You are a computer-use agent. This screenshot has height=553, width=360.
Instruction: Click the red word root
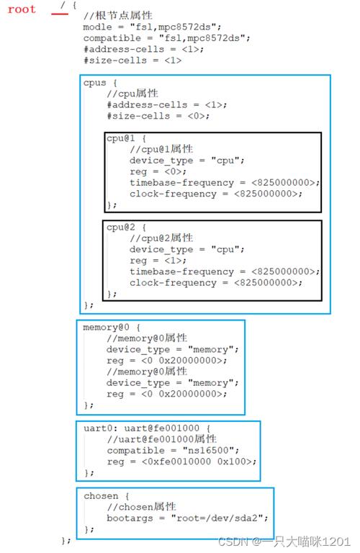coord(22,9)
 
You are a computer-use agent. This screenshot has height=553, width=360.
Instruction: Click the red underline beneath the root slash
coord(60,14)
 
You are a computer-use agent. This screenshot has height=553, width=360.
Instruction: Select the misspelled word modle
coord(97,27)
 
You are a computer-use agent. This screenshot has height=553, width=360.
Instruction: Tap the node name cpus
coord(94,83)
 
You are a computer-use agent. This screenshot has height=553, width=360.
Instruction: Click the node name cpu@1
coord(120,138)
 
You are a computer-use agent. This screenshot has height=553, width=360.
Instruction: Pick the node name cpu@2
coord(120,227)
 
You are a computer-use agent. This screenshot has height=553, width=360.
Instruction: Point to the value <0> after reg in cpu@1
coord(173,171)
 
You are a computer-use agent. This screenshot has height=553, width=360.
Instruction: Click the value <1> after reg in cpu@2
coord(173,260)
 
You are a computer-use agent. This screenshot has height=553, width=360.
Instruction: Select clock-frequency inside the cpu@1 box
coord(173,194)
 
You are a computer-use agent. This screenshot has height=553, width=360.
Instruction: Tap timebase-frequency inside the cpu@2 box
coord(181,271)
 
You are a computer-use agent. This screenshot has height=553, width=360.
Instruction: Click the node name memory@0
coord(106,328)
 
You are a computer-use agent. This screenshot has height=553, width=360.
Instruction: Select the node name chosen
coord(101,496)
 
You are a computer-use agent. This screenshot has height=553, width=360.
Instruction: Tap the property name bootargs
coord(130,518)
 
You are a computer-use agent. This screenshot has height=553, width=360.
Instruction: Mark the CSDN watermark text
coord(284,541)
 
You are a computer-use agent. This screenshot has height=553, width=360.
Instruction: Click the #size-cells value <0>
coord(196,116)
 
